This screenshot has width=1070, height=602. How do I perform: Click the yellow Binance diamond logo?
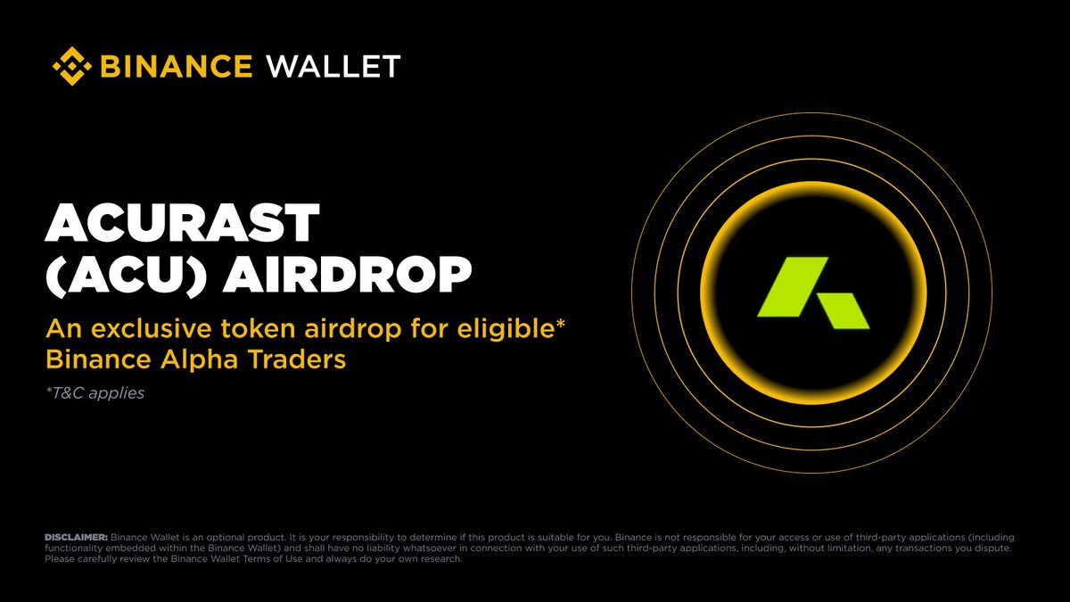tap(72, 66)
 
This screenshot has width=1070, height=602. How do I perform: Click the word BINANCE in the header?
tap(177, 66)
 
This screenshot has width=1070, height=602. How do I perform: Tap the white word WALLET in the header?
tap(333, 66)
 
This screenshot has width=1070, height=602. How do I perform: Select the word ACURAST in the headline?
tap(182, 223)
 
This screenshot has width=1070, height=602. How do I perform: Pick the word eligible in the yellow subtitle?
tap(506, 330)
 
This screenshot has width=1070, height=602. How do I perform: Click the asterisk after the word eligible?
tap(560, 324)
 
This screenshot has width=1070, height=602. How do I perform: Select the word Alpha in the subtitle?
tap(199, 360)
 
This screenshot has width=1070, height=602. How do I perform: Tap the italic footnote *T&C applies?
tap(95, 393)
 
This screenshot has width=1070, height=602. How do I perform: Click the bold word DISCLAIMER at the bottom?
tap(77, 538)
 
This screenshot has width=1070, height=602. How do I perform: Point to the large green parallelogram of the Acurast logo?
tap(793, 286)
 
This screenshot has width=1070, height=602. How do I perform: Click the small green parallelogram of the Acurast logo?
tap(844, 311)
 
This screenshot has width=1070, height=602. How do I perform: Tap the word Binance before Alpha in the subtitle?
tap(98, 359)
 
